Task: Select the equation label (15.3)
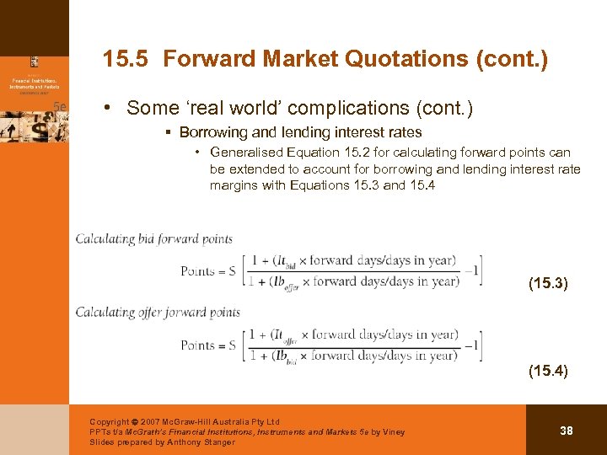(x=548, y=284)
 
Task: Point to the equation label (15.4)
(x=548, y=370)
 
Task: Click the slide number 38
(x=567, y=431)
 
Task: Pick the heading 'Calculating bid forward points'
(x=154, y=238)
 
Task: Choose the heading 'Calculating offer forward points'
(x=158, y=312)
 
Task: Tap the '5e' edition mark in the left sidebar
(x=59, y=106)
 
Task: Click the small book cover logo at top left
(x=35, y=62)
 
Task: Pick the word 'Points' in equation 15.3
(x=198, y=270)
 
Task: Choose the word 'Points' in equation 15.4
(x=198, y=345)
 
